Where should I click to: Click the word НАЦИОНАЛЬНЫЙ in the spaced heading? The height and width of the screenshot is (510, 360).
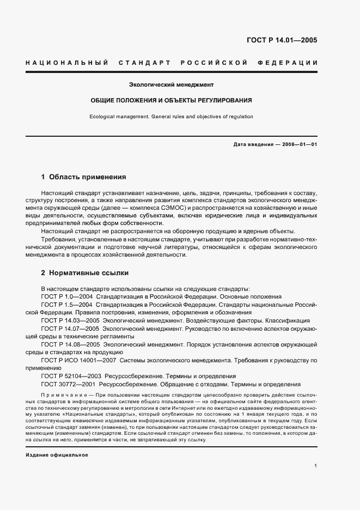[x=66, y=63]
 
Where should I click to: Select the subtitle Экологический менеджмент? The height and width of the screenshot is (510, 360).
[x=171, y=84]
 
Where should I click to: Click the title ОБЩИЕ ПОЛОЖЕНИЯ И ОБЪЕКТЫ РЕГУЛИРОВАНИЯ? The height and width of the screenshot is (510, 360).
[x=171, y=101]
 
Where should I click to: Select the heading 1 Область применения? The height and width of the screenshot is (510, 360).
[x=83, y=177]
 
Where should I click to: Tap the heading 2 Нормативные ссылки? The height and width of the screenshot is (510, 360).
[x=84, y=272]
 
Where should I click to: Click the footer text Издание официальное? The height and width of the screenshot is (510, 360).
[x=57, y=440]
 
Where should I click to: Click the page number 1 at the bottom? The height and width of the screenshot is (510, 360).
[x=316, y=466]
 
